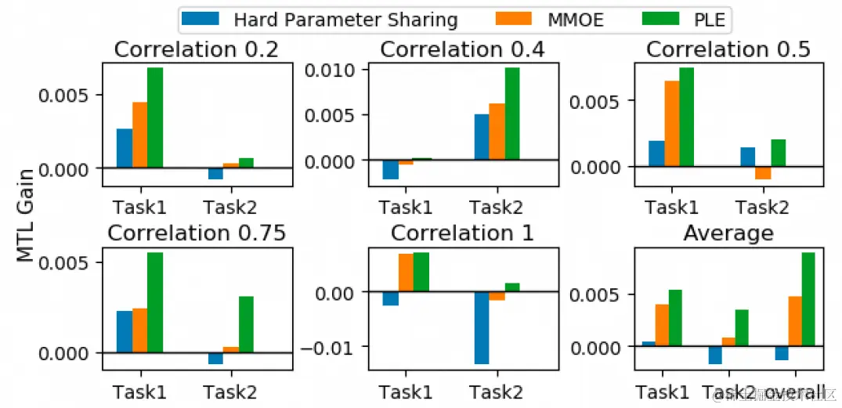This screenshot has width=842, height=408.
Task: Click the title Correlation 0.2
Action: point(196,50)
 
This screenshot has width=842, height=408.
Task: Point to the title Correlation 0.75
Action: point(196,233)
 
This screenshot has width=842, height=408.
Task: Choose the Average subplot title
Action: point(728,233)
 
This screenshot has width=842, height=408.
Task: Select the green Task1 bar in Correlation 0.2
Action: point(155,118)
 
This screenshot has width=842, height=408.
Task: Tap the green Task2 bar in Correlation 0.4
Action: point(512,114)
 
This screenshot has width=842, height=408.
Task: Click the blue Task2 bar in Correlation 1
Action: point(482,327)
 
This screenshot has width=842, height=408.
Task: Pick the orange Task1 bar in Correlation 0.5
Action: point(672,124)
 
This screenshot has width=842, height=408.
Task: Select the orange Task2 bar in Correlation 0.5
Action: point(763,173)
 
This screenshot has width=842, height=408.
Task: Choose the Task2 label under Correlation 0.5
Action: point(763,207)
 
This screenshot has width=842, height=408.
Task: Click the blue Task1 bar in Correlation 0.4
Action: point(390,169)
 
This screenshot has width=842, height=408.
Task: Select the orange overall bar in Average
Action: point(793,321)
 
